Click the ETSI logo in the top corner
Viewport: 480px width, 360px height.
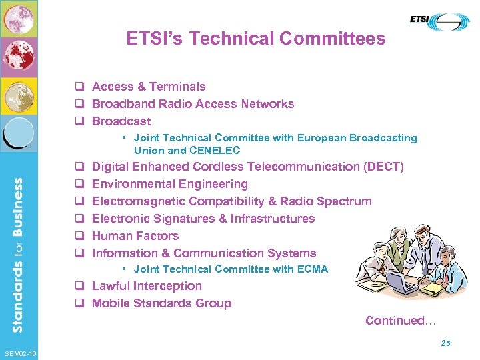tap(439, 22)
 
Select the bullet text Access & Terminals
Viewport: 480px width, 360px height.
tap(149, 87)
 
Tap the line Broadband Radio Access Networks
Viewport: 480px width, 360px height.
tap(193, 104)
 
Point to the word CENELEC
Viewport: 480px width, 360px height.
tap(215, 150)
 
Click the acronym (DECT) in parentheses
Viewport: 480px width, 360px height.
tap(384, 167)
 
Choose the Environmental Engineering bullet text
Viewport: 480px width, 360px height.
tap(169, 184)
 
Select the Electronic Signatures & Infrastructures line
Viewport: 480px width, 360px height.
tap(203, 219)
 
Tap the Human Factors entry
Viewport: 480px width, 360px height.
tap(135, 236)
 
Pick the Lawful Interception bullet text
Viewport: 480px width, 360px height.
tap(147, 286)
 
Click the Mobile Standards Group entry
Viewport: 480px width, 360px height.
tap(161, 303)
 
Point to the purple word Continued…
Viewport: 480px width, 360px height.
tap(401, 321)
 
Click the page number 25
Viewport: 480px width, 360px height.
tap(445, 343)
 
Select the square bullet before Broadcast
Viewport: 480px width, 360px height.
tap(79, 122)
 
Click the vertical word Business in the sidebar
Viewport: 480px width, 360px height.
tap(18, 207)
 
